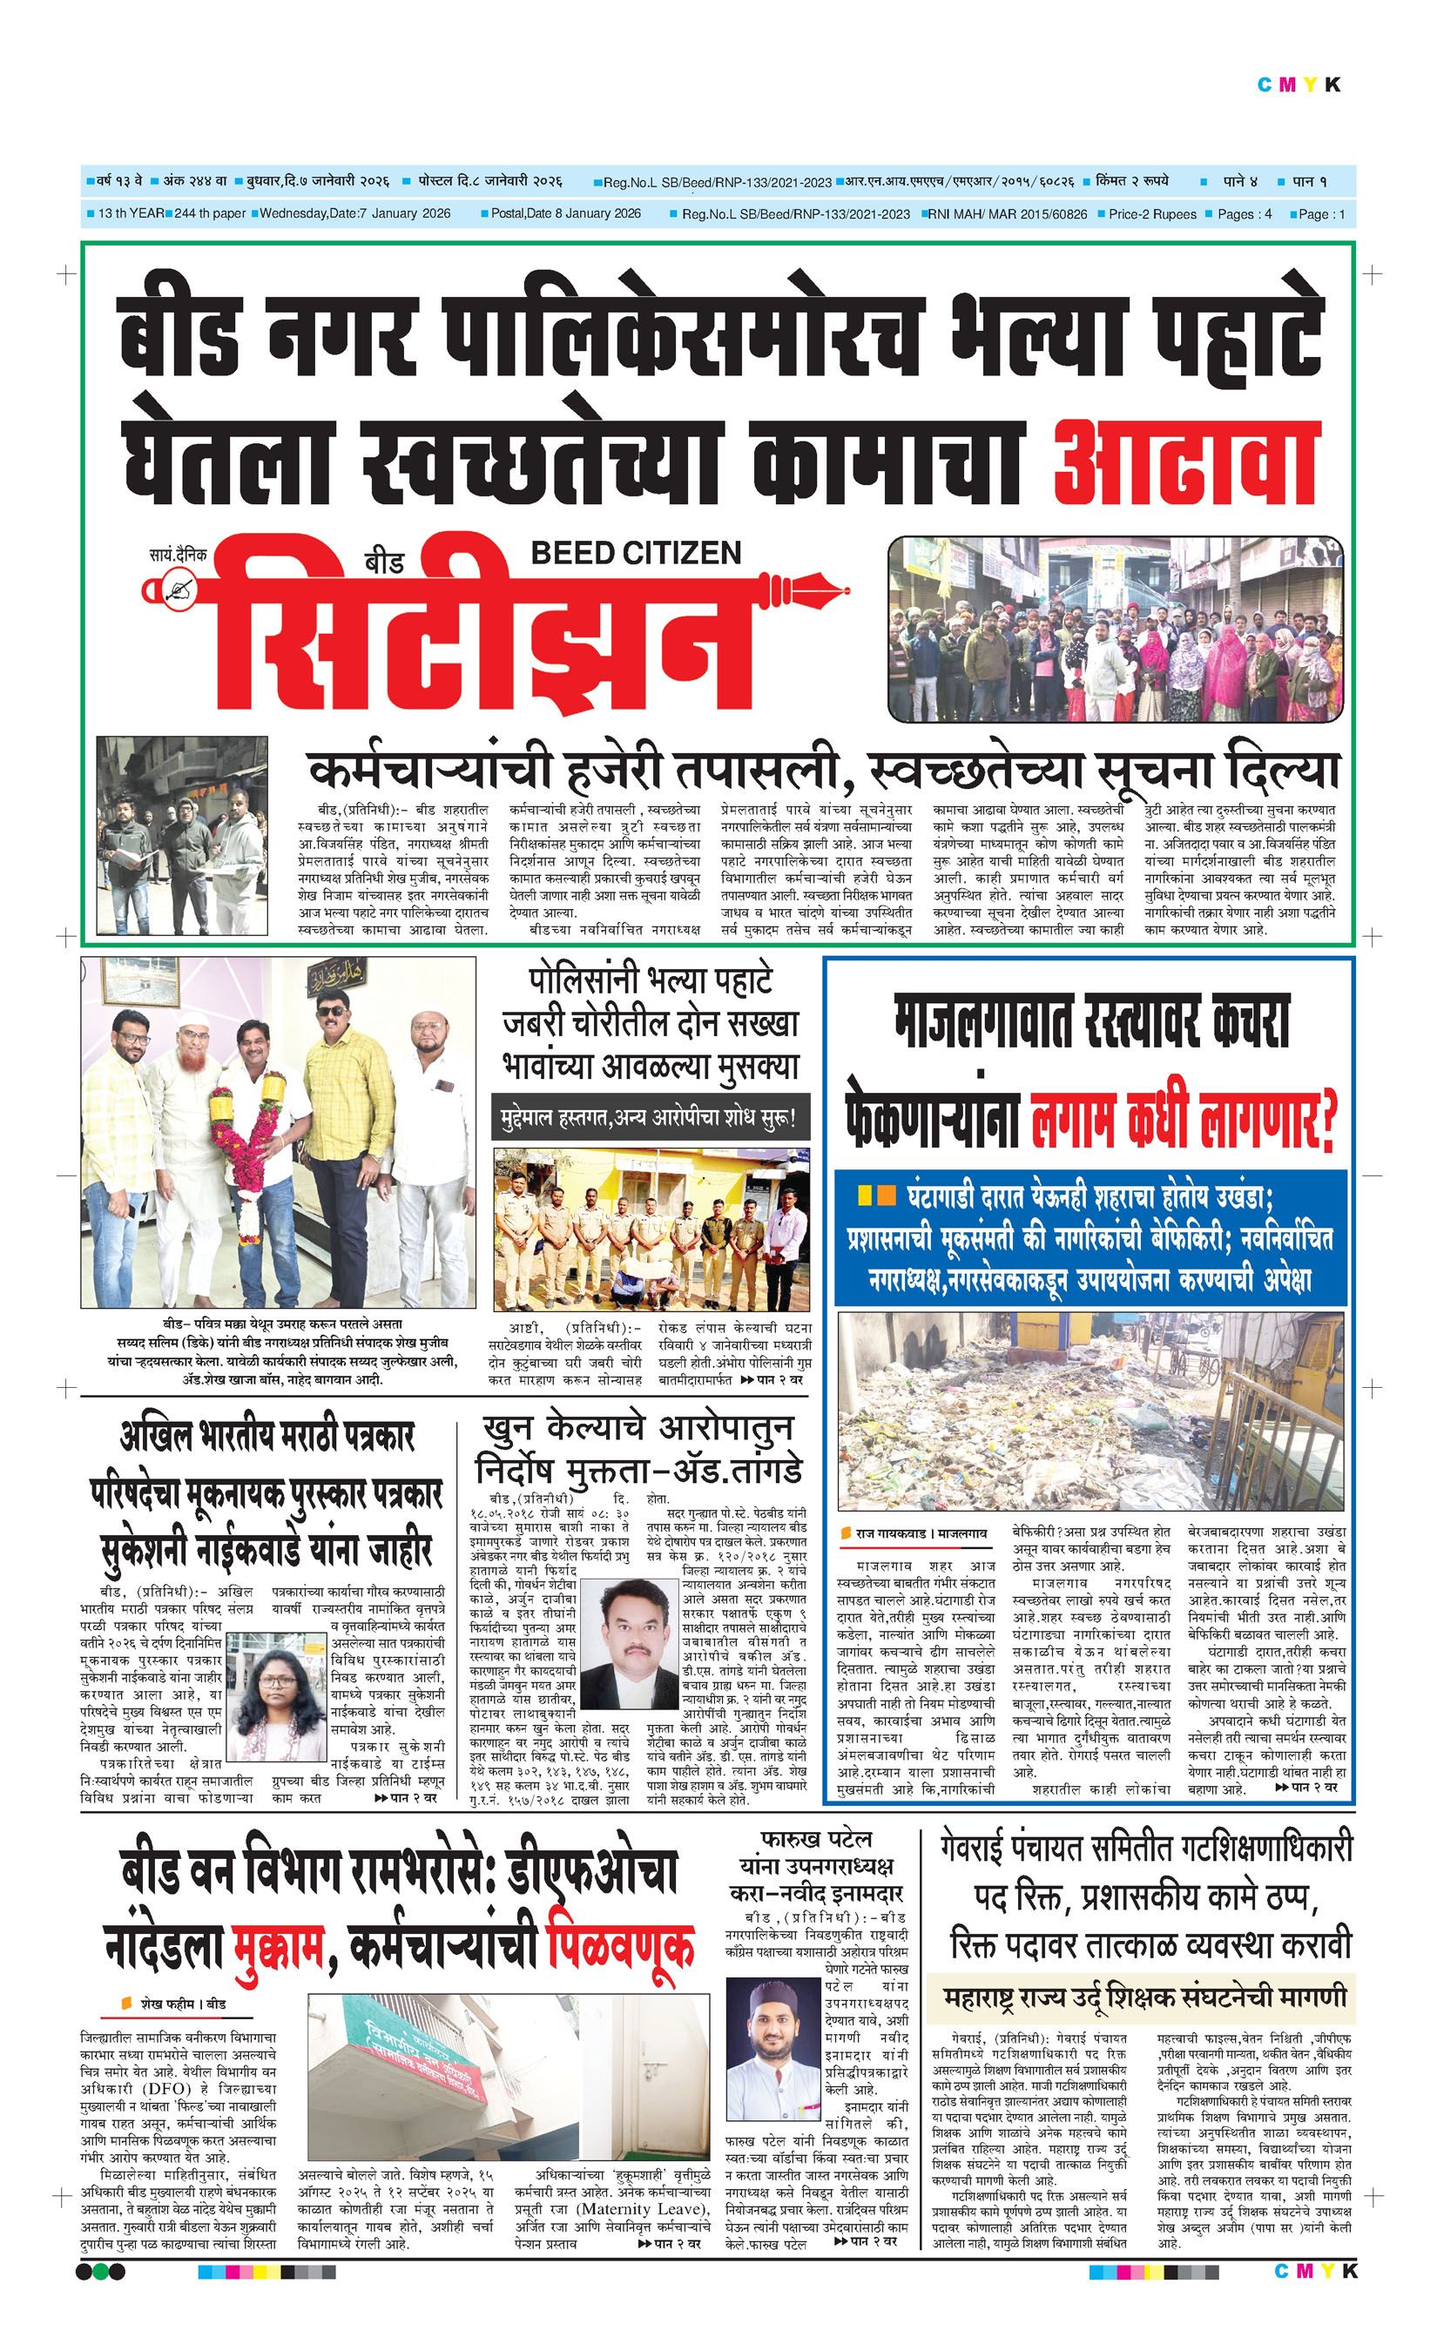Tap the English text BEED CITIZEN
pos(636,551)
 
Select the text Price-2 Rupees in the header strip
pos(1151,215)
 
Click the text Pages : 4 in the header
pos(1245,215)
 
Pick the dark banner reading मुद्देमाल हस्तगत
pos(651,1116)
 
